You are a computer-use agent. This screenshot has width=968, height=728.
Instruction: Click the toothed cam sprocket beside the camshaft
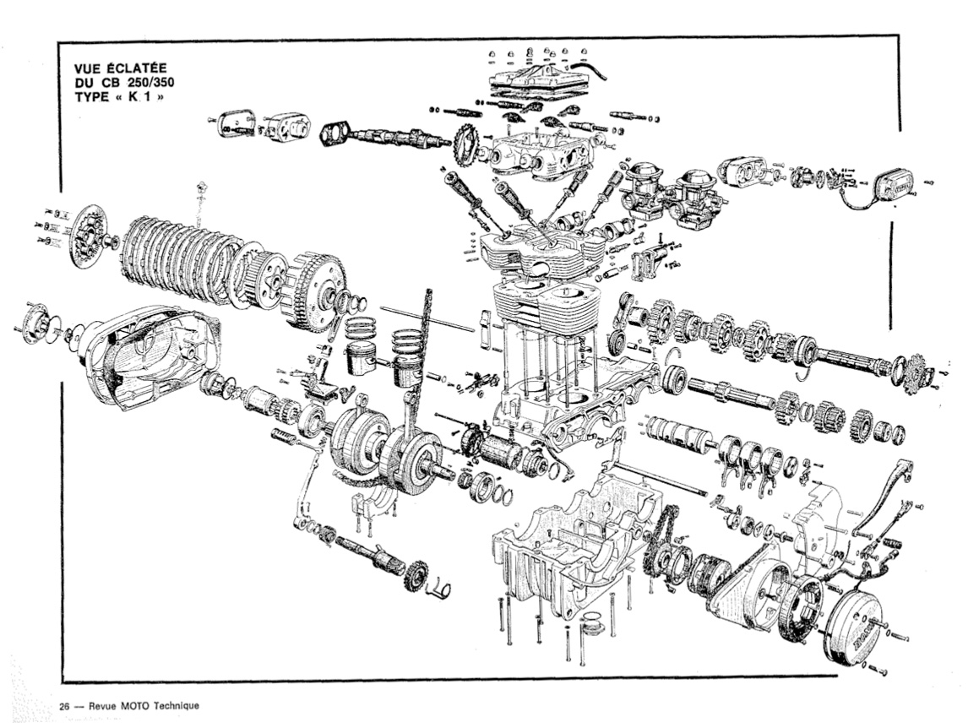coord(465,145)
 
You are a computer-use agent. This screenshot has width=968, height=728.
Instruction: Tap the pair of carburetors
coord(672,193)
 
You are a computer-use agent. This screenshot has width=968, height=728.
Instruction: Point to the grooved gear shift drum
coord(679,435)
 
